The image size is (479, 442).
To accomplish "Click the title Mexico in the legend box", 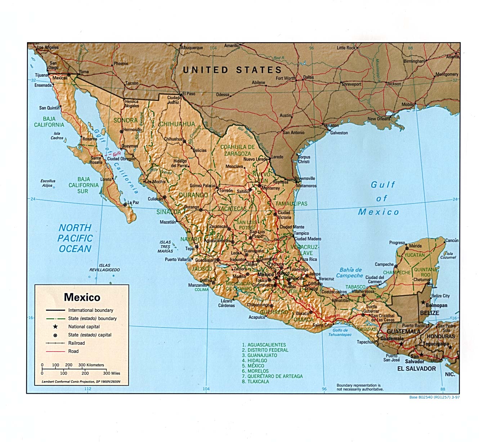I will pyautogui.click(x=82, y=297).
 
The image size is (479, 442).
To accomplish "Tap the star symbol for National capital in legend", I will pyautogui.click(x=55, y=327).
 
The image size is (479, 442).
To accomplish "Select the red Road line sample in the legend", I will pyautogui.click(x=55, y=352).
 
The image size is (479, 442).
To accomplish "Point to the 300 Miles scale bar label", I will pyautogui.click(x=111, y=374).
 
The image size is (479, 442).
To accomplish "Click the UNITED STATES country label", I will pyautogui.click(x=232, y=70).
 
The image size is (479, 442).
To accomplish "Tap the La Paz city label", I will pyautogui.click(x=133, y=203).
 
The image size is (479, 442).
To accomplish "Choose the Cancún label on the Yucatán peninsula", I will pyautogui.click(x=452, y=240).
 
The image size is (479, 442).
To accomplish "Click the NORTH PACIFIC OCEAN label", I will pyautogui.click(x=75, y=238).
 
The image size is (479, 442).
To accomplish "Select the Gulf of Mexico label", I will pyautogui.click(x=379, y=199).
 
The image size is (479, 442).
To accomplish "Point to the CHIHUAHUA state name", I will pyautogui.click(x=177, y=124).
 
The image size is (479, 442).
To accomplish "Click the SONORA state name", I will pyautogui.click(x=125, y=120).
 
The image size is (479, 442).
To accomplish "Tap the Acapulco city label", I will pyautogui.click(x=257, y=317).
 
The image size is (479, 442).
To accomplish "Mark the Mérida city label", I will pyautogui.click(x=415, y=246).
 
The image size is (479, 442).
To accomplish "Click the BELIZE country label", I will pyautogui.click(x=429, y=313).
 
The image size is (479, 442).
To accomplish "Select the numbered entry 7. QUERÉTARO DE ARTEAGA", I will pyautogui.click(x=272, y=376).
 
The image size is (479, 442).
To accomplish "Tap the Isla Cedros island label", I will pyautogui.click(x=57, y=136).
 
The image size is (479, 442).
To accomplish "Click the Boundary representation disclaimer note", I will pyautogui.click(x=360, y=387).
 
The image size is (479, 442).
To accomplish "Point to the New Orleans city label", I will pyautogui.click(x=379, y=119).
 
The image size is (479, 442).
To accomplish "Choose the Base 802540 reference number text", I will pyautogui.click(x=434, y=397).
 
